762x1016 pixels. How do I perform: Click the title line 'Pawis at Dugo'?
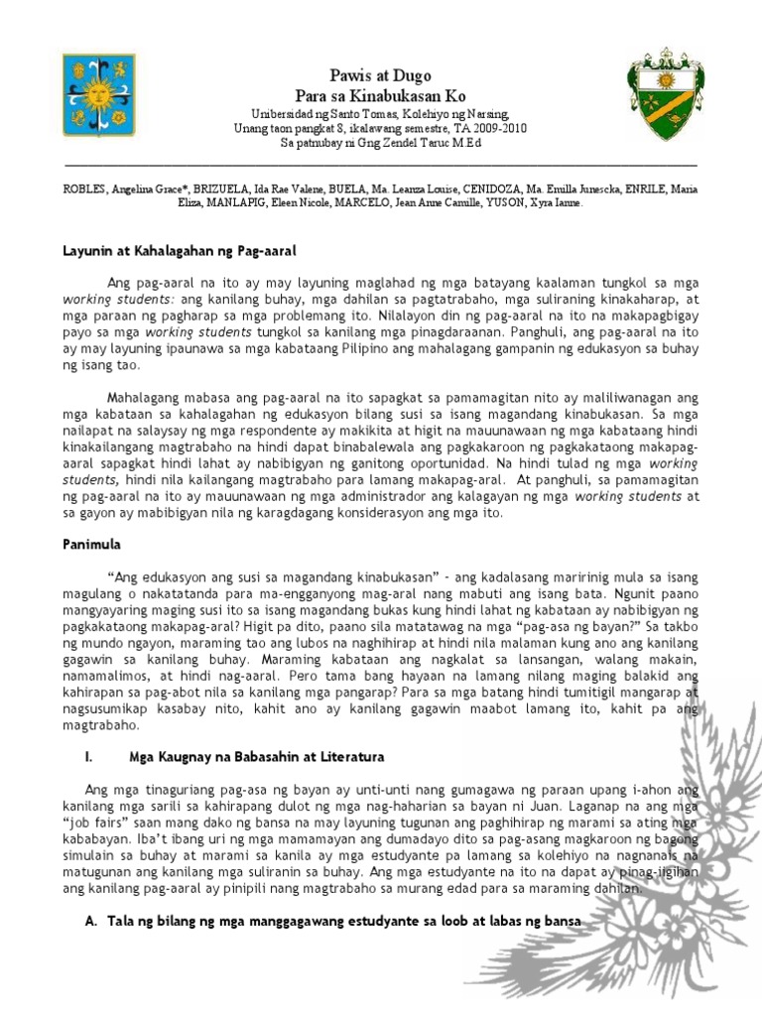coord(381,75)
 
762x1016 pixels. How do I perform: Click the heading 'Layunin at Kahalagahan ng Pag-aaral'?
coord(180,253)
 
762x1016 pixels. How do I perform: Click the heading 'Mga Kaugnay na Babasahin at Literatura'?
coord(257,757)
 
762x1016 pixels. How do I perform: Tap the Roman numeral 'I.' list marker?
coord(88,757)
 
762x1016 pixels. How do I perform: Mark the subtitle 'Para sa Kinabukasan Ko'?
coord(381,94)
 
